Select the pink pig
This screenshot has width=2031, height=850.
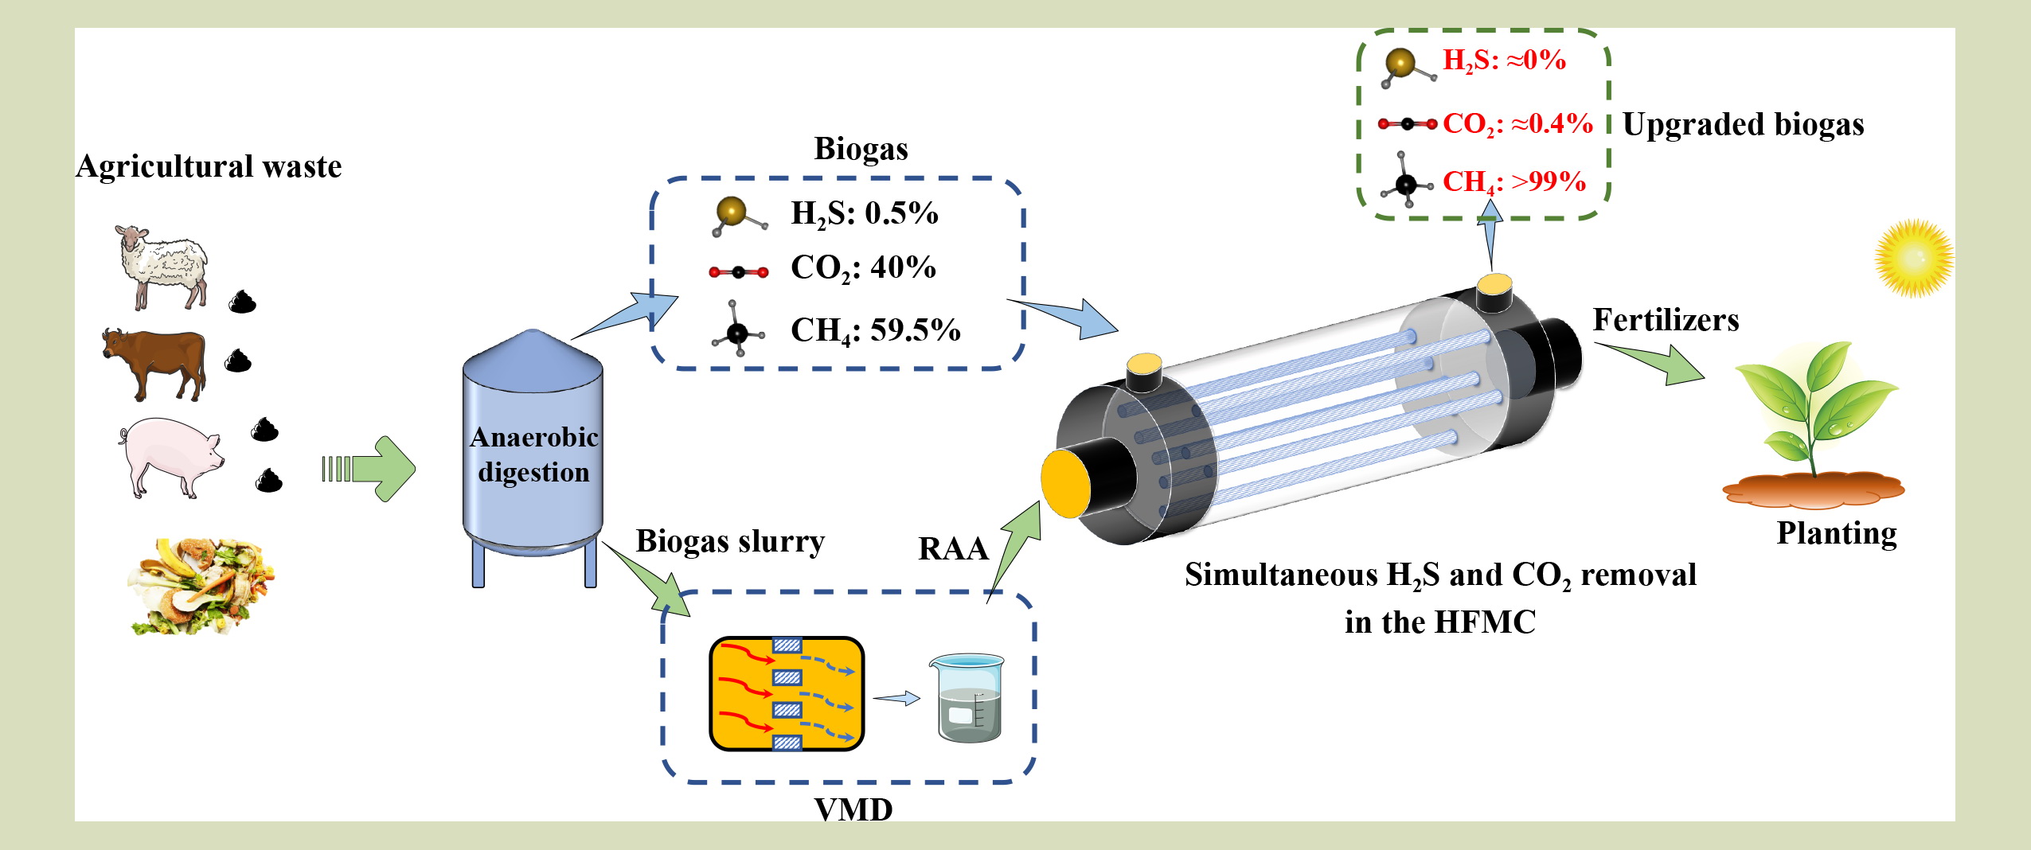coord(170,456)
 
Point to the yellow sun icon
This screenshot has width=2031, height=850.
coord(1913,258)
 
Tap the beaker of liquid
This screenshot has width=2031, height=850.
coord(967,698)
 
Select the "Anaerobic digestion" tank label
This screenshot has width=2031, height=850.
coord(533,454)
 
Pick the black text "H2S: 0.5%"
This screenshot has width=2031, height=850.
coord(864,213)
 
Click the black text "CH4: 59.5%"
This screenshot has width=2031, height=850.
coord(875,330)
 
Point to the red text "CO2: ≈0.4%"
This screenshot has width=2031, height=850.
coord(1517,123)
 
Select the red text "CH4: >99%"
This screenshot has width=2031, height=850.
coord(1513,181)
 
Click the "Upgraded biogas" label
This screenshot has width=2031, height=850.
coord(1743,125)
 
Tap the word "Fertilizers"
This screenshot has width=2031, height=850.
coord(1666,320)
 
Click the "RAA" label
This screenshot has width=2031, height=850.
coord(953,549)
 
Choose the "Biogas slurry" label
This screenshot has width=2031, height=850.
coord(730,541)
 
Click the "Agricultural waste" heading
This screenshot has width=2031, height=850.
coord(209,166)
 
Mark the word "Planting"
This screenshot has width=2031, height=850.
coord(1837,533)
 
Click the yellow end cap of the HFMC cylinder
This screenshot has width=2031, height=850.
coord(1065,483)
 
